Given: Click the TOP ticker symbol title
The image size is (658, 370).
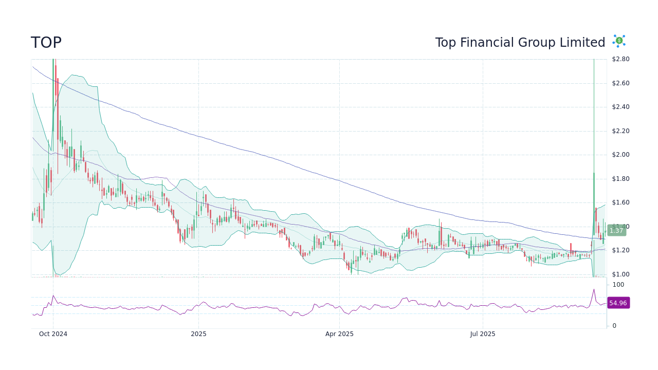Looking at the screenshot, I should click(x=46, y=43).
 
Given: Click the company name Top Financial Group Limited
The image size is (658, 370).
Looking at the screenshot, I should click(x=520, y=43).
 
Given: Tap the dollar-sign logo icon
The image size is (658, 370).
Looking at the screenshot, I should click(x=619, y=41).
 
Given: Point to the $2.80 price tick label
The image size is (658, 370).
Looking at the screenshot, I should click(x=620, y=59).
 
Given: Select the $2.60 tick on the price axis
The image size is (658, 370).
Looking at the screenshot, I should click(x=620, y=83).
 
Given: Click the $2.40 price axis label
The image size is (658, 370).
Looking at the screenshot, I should click(x=620, y=107).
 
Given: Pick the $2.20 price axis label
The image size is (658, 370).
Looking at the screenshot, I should click(x=620, y=131).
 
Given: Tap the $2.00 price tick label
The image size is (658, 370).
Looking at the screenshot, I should click(x=620, y=155).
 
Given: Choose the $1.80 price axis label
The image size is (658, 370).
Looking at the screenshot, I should click(x=620, y=179).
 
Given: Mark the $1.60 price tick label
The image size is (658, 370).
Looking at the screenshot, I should click(x=620, y=202).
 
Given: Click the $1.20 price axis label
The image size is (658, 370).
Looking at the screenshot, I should click(x=620, y=250).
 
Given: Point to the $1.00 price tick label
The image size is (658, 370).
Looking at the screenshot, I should click(x=620, y=274).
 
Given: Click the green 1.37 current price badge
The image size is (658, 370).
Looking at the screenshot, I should click(x=616, y=231).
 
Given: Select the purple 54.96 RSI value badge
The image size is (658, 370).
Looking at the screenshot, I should click(x=618, y=303).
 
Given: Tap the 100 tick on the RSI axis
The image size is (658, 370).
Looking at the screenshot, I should click(x=618, y=285).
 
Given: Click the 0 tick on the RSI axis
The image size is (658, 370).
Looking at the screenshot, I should click(x=614, y=326).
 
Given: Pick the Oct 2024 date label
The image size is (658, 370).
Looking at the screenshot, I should click(x=53, y=334).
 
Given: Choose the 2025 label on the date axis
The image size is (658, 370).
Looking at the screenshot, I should click(x=198, y=334).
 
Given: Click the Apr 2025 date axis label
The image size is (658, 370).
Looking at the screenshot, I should click(x=339, y=334).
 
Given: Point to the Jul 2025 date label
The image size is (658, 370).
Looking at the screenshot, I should click(x=483, y=334).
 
